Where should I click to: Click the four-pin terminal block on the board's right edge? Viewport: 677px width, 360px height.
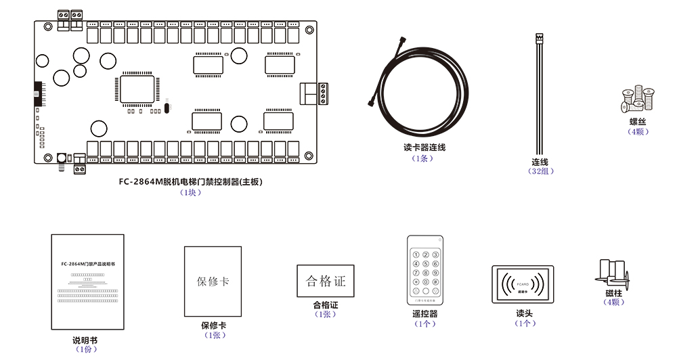click(322, 94)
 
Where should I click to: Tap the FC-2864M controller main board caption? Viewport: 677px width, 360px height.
click(190, 181)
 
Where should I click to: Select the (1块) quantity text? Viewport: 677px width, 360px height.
click(190, 192)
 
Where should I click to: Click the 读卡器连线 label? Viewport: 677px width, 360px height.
click(424, 148)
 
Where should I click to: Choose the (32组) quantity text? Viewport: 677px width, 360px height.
click(540, 172)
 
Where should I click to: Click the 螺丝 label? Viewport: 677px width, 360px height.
click(638, 122)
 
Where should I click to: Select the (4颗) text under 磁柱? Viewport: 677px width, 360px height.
click(613, 302)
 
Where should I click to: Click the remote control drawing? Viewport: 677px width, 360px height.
click(425, 270)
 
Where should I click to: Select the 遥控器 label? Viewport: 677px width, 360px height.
click(424, 314)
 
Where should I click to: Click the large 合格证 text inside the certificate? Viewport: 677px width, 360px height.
click(326, 281)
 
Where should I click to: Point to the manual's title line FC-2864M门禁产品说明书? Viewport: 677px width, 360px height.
click(88, 263)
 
